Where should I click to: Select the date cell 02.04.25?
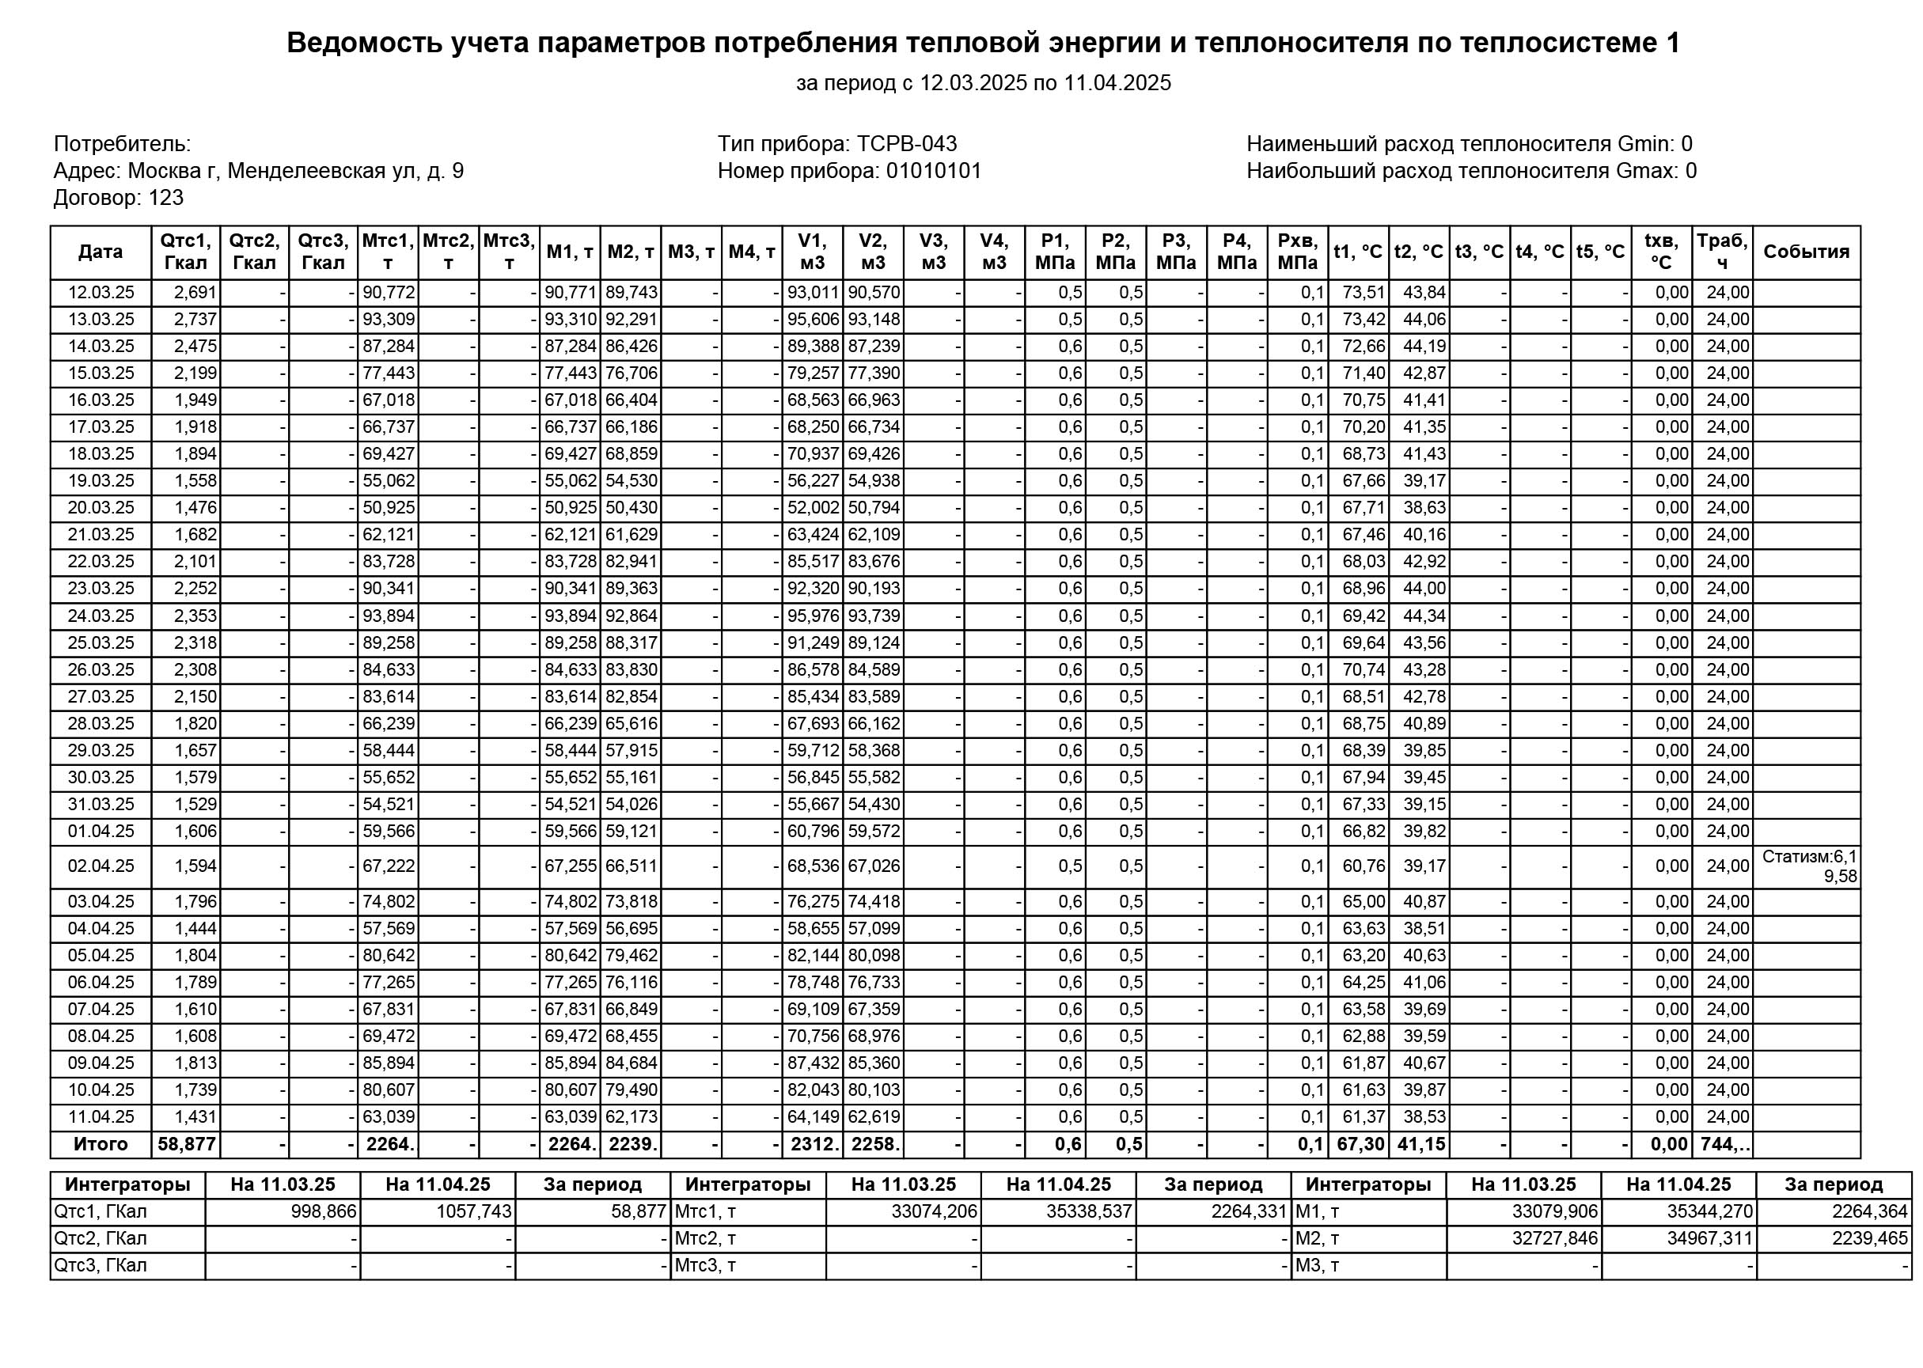click(x=101, y=866)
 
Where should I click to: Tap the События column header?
click(x=1805, y=252)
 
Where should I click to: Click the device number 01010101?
click(x=933, y=171)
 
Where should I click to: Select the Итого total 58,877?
click(x=186, y=1144)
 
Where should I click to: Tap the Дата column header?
click(x=101, y=252)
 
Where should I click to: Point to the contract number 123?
click(x=166, y=198)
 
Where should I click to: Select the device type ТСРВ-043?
click(x=906, y=144)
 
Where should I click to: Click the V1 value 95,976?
click(x=813, y=616)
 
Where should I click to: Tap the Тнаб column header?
click(x=1722, y=252)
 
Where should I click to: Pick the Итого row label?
click(x=101, y=1144)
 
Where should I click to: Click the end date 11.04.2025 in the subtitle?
click(x=1117, y=82)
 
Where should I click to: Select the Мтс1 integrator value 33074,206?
click(x=934, y=1211)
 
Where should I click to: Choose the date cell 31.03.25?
click(x=101, y=805)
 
